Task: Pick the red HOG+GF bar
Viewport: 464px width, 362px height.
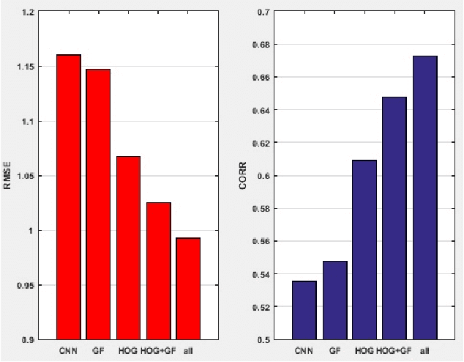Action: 158,270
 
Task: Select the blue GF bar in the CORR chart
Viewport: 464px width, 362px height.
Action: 334,300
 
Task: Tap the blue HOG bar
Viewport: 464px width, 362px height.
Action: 364,249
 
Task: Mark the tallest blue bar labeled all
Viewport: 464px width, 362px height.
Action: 424,197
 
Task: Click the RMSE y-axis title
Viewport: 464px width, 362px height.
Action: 8,176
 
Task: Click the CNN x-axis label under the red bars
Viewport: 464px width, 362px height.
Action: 69,351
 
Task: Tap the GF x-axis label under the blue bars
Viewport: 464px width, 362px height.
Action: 334,351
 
